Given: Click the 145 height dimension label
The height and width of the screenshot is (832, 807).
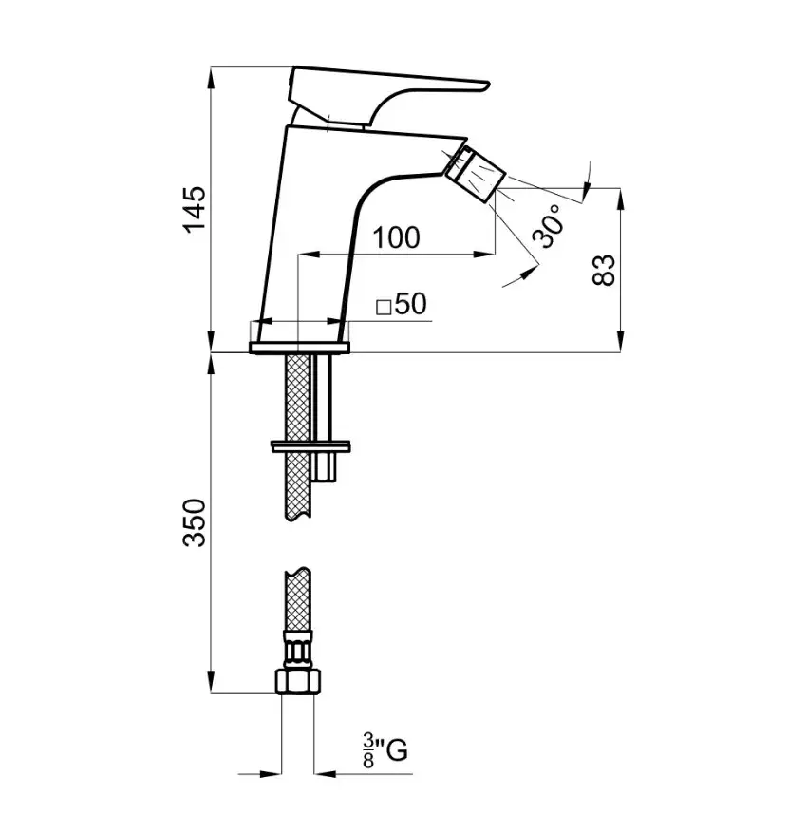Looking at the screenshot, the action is click(194, 209).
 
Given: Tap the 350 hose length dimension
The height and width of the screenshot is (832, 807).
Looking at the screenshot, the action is click(194, 522).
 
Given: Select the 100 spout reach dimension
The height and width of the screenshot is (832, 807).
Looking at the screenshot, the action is click(396, 237).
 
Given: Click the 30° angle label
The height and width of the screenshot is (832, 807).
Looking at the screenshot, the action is click(549, 226).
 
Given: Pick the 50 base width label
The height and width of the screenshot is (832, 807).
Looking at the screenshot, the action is click(411, 304).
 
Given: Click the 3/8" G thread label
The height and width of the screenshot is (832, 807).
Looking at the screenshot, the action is click(385, 750).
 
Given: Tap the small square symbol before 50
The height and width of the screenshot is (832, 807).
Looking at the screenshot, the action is click(384, 308).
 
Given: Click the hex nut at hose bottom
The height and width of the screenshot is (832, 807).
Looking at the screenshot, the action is click(298, 681).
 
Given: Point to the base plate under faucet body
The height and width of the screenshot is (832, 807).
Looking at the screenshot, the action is click(300, 348).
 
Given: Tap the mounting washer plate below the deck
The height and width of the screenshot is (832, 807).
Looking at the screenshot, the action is click(310, 445).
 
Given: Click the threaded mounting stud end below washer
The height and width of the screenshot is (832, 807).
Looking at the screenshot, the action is click(324, 467).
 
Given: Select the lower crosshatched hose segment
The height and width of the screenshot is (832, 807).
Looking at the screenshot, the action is click(298, 598).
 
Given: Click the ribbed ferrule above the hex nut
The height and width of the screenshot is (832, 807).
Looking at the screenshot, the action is click(298, 651).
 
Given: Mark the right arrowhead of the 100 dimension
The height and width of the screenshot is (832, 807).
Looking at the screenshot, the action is click(484, 255).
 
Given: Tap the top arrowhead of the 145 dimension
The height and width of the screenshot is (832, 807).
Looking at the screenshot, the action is click(211, 78).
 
